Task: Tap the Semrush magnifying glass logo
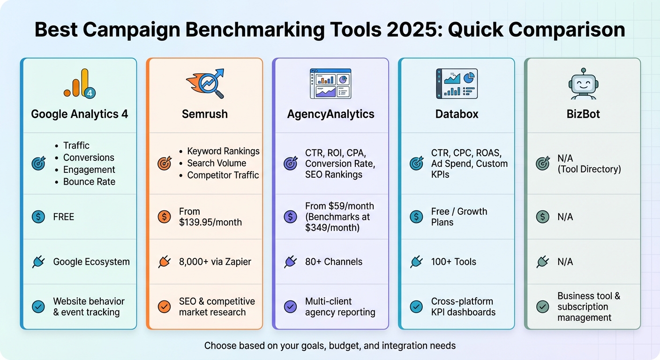pyautogui.click(x=205, y=83)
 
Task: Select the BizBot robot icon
pyautogui.click(x=583, y=83)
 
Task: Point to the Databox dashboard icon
pyautogui.click(x=457, y=83)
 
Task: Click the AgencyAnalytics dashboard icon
pyautogui.click(x=330, y=83)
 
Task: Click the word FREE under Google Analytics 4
pyautogui.click(x=64, y=217)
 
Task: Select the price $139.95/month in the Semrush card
pyautogui.click(x=210, y=222)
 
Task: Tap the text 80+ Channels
pyautogui.click(x=333, y=262)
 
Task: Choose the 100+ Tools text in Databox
pyautogui.click(x=453, y=262)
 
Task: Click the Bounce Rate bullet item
pyautogui.click(x=89, y=181)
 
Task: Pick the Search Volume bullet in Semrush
pyautogui.click(x=217, y=163)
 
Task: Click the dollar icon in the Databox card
pyautogui.click(x=416, y=217)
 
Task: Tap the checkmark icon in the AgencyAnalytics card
pyautogui.click(x=291, y=307)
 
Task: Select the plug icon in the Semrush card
pyautogui.click(x=164, y=262)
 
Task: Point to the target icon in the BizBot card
pyautogui.click(x=542, y=163)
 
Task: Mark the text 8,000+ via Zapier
pyautogui.click(x=215, y=262)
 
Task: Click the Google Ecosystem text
pyautogui.click(x=91, y=262)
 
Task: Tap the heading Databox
pyautogui.click(x=457, y=114)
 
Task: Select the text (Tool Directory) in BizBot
pyautogui.click(x=589, y=169)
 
